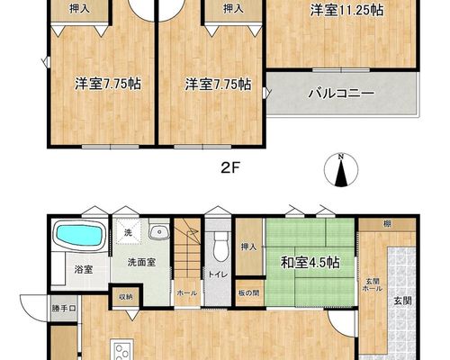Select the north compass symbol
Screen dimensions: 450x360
341,170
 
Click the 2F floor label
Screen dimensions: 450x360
230,169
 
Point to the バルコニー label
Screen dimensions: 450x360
341,94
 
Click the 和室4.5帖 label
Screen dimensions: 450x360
310,263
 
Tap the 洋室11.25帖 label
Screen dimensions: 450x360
346,11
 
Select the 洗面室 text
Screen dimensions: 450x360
141,263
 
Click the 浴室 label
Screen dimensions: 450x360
84,269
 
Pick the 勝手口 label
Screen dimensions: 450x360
64,309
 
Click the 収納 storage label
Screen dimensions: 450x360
126,297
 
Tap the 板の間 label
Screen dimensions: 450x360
249,292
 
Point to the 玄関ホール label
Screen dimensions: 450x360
373,285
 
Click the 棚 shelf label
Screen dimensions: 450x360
387,223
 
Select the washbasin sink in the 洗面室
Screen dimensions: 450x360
159,232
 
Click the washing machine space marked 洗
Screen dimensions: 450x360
128,232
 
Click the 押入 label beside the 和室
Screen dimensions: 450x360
248,247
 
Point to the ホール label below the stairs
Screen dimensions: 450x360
186,293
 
